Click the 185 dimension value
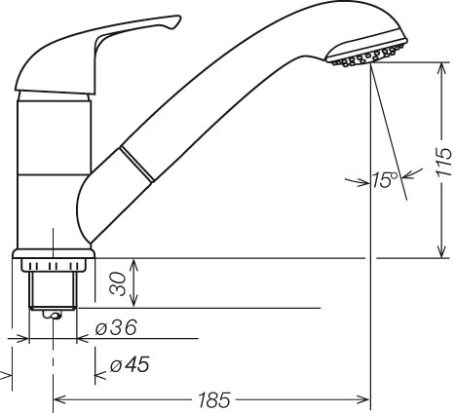214,399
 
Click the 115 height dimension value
444,162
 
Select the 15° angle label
385,180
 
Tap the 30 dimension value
118,283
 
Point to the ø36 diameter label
116,327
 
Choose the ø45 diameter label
130,364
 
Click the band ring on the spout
136,164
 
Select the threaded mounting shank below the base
53,290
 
